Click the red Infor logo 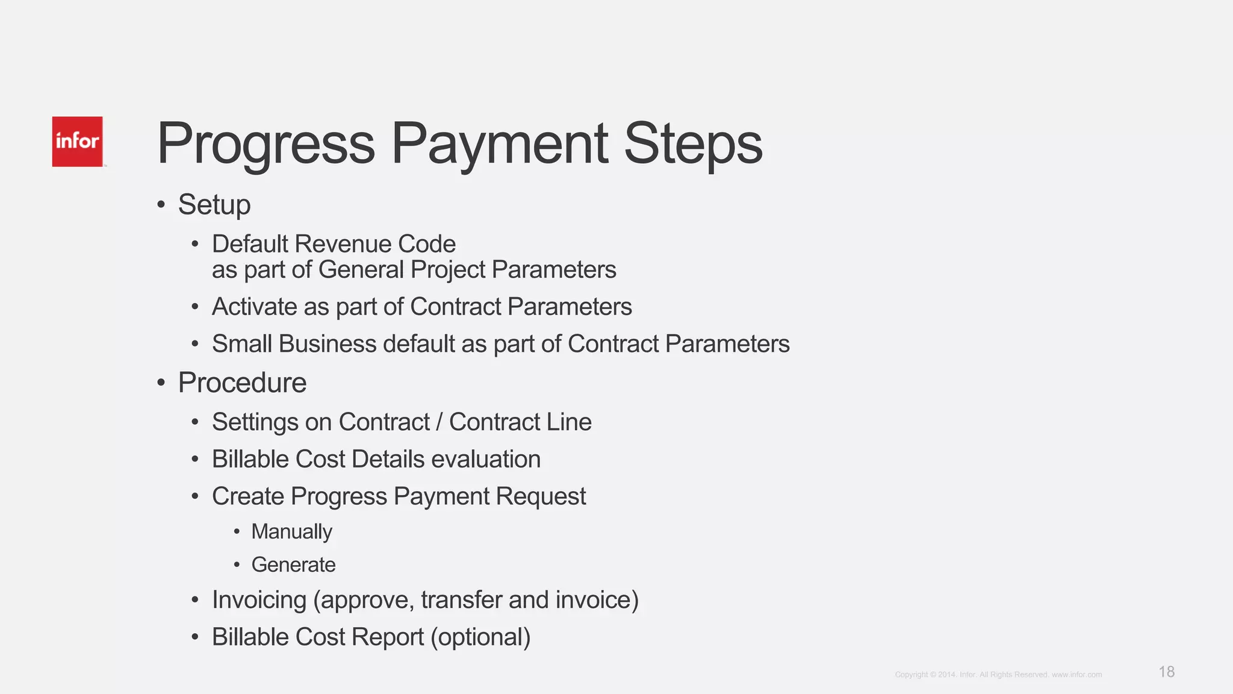(77, 142)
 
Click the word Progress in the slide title (266, 145)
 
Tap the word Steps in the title (693, 145)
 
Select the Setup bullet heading (214, 205)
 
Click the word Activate (255, 307)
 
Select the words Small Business (294, 344)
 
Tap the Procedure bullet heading (242, 383)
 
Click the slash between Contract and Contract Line (440, 422)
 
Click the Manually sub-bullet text (291, 532)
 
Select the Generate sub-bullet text (293, 565)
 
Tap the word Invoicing (259, 600)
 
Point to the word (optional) (480, 637)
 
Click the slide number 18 (1166, 672)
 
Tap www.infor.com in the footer (1076, 675)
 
